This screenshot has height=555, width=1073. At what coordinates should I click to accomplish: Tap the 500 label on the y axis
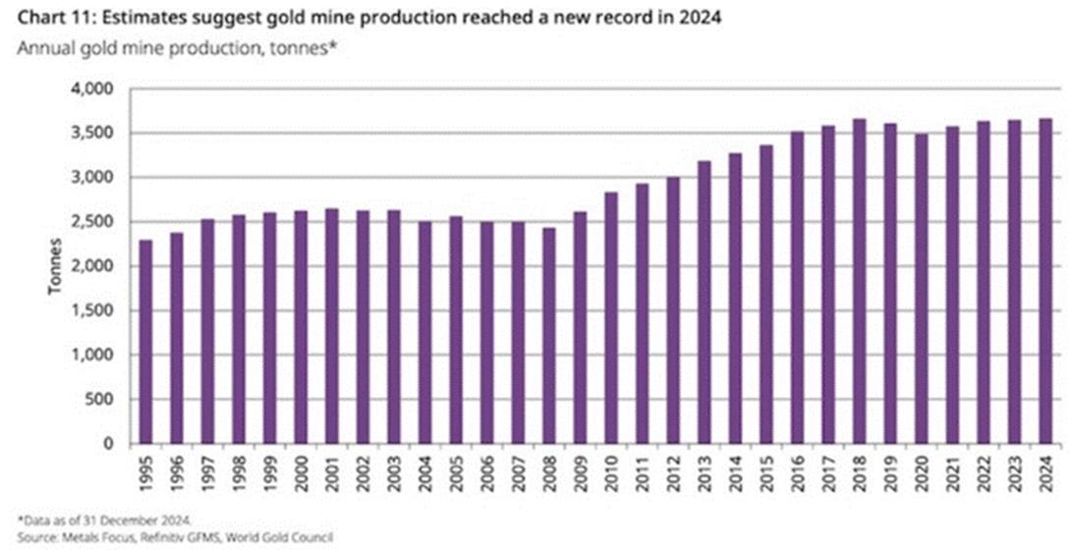103,400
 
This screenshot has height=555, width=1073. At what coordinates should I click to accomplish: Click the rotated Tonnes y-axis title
57,266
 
